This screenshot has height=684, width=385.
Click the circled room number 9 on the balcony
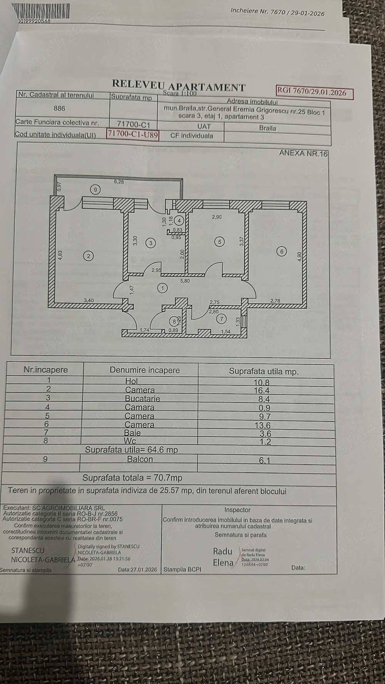tap(95, 189)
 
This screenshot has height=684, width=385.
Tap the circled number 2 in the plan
tap(89, 256)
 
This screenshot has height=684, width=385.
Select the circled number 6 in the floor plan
tap(282, 251)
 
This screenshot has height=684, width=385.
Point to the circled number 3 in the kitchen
tap(151, 243)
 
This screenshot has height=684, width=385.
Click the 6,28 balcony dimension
tap(119, 182)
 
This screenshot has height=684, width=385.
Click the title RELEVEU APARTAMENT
tap(179, 85)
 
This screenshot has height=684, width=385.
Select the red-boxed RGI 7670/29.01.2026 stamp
tap(314, 92)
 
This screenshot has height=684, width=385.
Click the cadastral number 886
tap(59, 108)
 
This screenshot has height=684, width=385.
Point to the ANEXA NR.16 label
tap(303, 153)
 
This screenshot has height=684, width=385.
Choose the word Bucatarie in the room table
tap(142, 399)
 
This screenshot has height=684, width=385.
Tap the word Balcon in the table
tap(140, 459)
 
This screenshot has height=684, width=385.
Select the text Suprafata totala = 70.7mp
tap(132, 478)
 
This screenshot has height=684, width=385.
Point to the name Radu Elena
tap(223, 557)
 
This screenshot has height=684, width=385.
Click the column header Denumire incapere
tap(145, 370)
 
